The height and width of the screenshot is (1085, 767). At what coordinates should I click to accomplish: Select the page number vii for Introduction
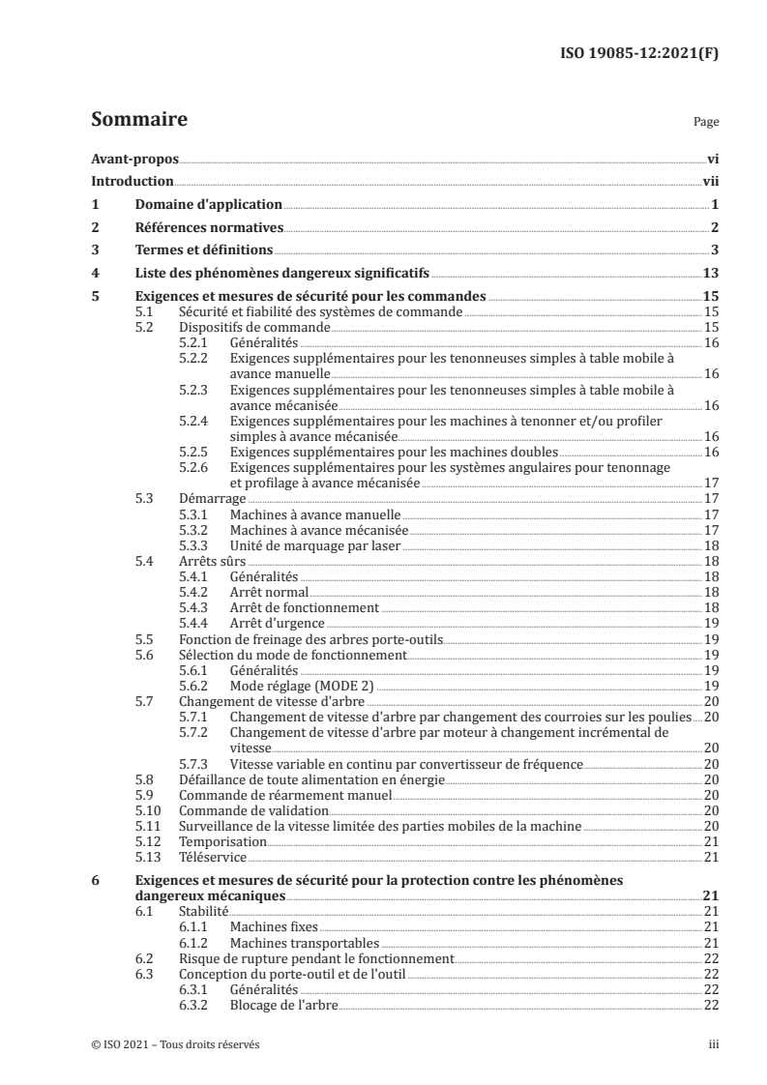(x=709, y=181)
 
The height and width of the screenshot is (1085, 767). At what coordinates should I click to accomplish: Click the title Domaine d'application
(x=208, y=204)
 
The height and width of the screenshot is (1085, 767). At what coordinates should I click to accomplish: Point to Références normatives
(x=208, y=227)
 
